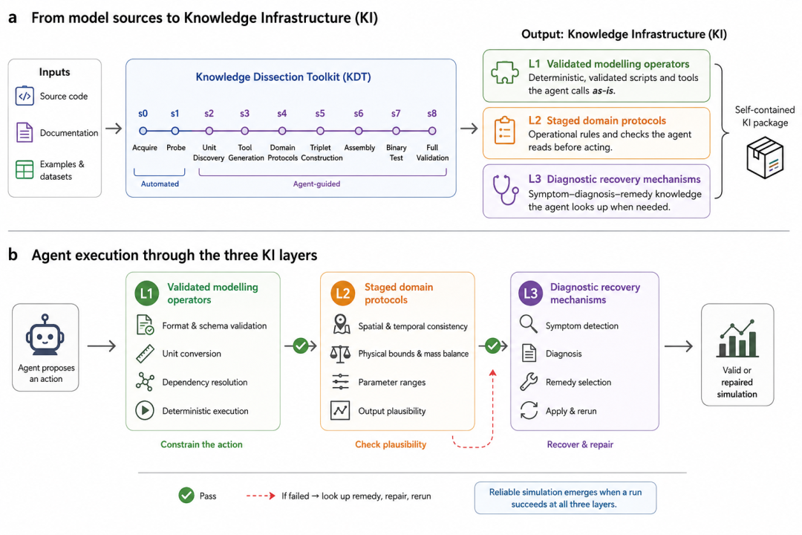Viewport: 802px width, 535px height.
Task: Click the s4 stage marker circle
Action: coord(282,131)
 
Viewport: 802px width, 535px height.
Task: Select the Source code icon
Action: coord(25,96)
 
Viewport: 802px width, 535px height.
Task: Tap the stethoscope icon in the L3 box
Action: coord(504,190)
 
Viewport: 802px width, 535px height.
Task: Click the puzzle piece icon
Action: coord(505,73)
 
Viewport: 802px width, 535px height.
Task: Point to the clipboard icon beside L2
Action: coord(504,130)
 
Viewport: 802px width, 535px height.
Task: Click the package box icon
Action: coord(765,158)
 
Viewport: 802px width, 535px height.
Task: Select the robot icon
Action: coord(45,335)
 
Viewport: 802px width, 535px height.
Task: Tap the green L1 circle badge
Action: coord(147,294)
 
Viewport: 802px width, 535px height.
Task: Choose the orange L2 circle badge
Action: coord(342,294)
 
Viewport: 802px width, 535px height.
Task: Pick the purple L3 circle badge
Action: coord(531,294)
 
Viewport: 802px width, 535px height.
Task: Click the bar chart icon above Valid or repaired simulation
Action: coord(737,338)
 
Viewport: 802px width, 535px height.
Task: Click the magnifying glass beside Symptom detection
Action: coord(529,324)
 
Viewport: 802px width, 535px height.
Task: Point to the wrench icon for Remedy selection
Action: coord(529,381)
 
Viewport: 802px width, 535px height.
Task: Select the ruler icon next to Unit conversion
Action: coord(146,353)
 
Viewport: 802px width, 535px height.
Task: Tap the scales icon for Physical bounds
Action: coord(340,353)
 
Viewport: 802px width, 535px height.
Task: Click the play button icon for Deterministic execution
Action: coord(145,411)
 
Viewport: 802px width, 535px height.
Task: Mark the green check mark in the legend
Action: coord(186,495)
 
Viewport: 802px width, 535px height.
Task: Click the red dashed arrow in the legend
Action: coord(261,496)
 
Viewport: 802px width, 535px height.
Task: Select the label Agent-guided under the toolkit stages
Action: coord(316,184)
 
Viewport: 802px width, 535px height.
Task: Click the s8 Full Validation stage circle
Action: coord(432,131)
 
